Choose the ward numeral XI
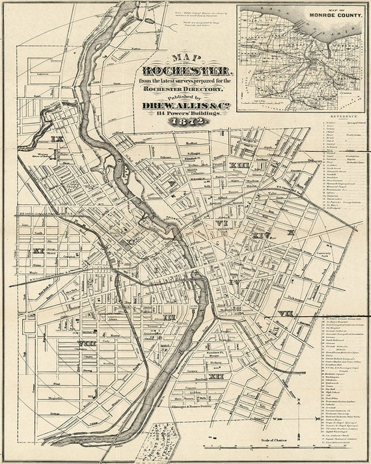38,250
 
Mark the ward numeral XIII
241,167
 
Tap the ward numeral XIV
262,235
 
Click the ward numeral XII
216,376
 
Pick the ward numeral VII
284,313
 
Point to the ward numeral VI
222,223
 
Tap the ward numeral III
169,318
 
